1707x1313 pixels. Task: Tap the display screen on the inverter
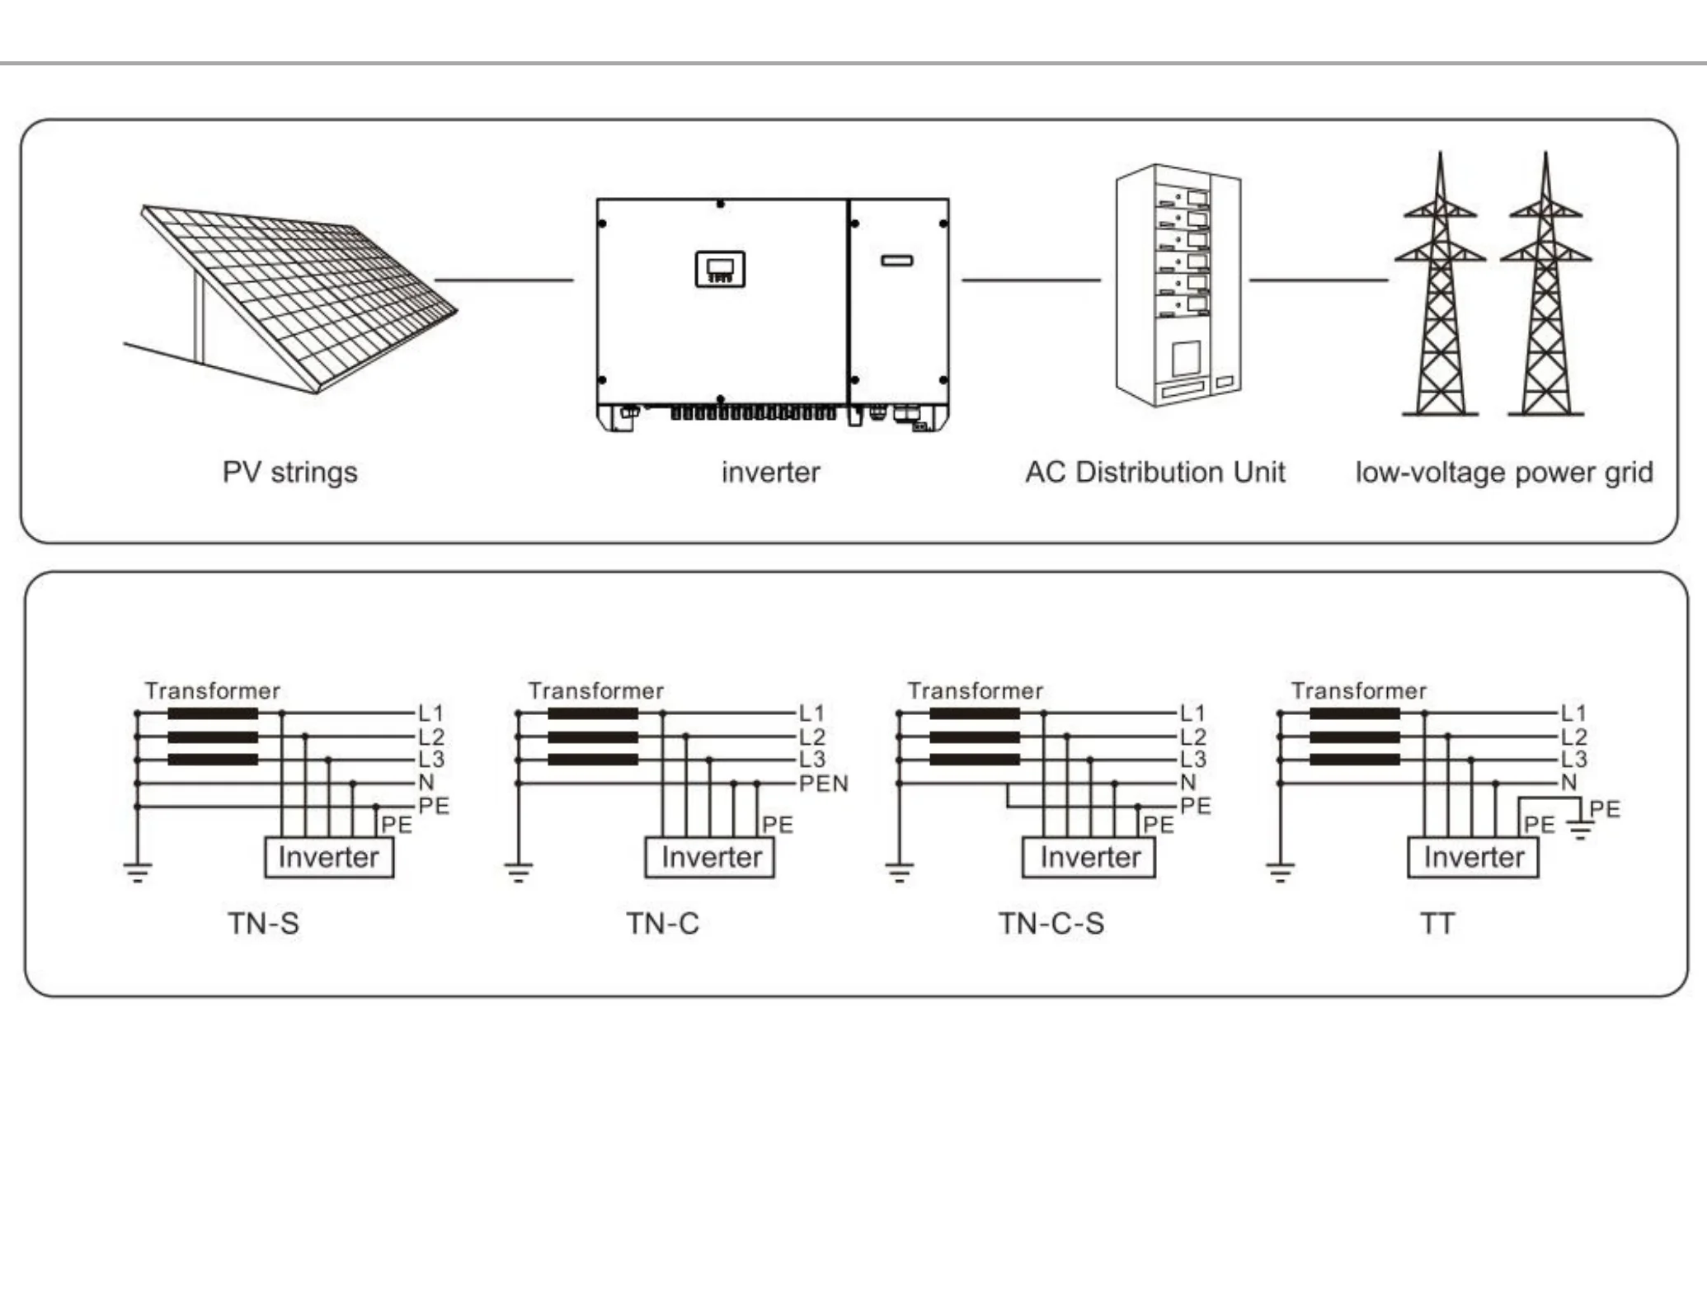tap(720, 269)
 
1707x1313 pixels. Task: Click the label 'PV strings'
tap(289, 473)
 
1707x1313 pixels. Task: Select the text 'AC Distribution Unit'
tap(1154, 473)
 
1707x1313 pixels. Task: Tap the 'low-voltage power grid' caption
tap(1503, 473)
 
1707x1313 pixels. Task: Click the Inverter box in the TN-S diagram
tap(328, 858)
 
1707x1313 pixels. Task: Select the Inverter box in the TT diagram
tap(1473, 858)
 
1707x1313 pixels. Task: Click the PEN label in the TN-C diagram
tap(823, 784)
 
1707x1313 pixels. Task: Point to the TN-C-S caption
tap(1051, 924)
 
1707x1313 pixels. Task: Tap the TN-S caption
tap(263, 924)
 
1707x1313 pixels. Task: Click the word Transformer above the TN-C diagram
tap(595, 691)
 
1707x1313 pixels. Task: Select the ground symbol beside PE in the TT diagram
tap(1580, 829)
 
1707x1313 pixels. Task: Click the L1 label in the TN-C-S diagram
tap(1192, 713)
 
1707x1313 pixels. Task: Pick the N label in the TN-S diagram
tap(426, 783)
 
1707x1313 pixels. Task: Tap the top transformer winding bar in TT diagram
tap(1354, 713)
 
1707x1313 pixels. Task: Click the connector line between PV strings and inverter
tap(504, 280)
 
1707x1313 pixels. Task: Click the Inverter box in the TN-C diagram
tap(710, 858)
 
